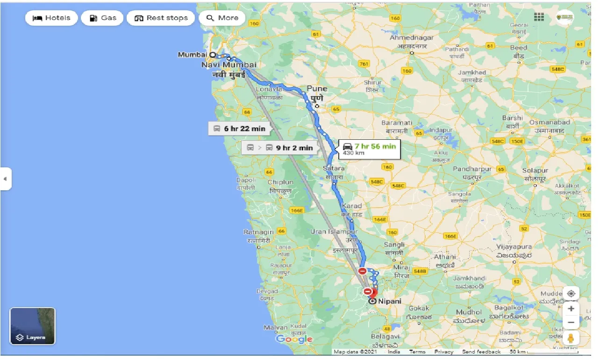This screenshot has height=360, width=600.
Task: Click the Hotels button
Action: point(51,18)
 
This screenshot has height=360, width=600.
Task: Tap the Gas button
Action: point(102,18)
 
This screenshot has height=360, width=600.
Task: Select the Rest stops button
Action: point(161,18)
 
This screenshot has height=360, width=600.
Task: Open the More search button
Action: point(222,18)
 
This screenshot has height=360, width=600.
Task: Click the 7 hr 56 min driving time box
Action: point(369,149)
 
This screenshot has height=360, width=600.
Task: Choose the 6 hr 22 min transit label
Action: point(239,129)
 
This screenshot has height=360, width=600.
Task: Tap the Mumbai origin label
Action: point(192,55)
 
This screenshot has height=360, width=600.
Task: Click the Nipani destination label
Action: point(390,302)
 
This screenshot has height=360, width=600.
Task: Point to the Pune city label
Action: point(317,89)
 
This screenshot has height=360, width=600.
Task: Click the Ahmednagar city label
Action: point(412,38)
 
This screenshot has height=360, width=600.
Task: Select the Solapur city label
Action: point(535,171)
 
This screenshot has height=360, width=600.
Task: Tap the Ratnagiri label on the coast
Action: point(258,232)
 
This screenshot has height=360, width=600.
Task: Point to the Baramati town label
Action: point(396,122)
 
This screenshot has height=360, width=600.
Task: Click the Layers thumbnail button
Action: point(32,326)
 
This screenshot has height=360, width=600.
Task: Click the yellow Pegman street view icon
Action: point(571,338)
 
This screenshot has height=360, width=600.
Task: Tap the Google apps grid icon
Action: point(539,17)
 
